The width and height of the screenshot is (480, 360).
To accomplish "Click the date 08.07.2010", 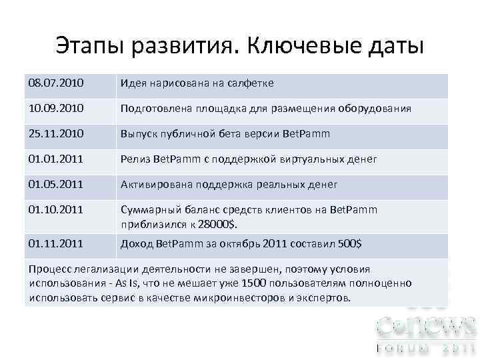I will click(x=56, y=83).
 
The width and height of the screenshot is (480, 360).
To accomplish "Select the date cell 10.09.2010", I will click(x=56, y=109).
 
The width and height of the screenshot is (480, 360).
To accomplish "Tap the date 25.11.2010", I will click(x=56, y=134).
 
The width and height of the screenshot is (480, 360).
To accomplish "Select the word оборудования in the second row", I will click(x=378, y=109).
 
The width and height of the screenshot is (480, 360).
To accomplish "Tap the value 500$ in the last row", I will click(x=349, y=244).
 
